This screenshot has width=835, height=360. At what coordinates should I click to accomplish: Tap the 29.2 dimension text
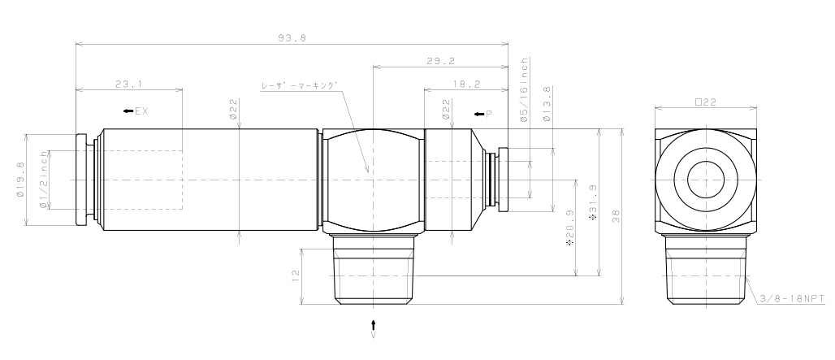439,61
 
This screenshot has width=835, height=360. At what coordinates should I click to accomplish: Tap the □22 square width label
704,102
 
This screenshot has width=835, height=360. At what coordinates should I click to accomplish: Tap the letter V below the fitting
374,333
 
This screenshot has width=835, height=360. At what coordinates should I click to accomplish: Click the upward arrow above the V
374,323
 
